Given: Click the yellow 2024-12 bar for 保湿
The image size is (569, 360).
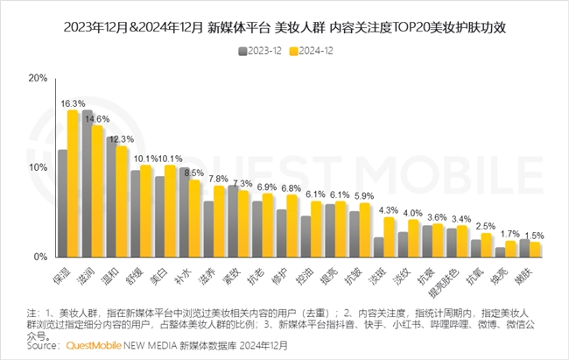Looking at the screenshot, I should point(74,184).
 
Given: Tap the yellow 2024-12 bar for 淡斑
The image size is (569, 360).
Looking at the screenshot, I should point(390,237).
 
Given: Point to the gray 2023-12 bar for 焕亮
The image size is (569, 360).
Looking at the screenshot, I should point(500,252).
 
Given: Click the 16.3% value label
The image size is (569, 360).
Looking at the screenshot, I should point(73,103).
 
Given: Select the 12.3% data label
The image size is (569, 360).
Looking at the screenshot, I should point(122,139).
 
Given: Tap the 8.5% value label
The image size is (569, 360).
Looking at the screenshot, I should point(194,173).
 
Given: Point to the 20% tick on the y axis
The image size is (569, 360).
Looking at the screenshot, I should point(38,78).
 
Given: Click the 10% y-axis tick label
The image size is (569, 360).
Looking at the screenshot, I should point(38,167).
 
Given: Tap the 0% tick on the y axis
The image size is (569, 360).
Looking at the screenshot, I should point(40,258).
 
